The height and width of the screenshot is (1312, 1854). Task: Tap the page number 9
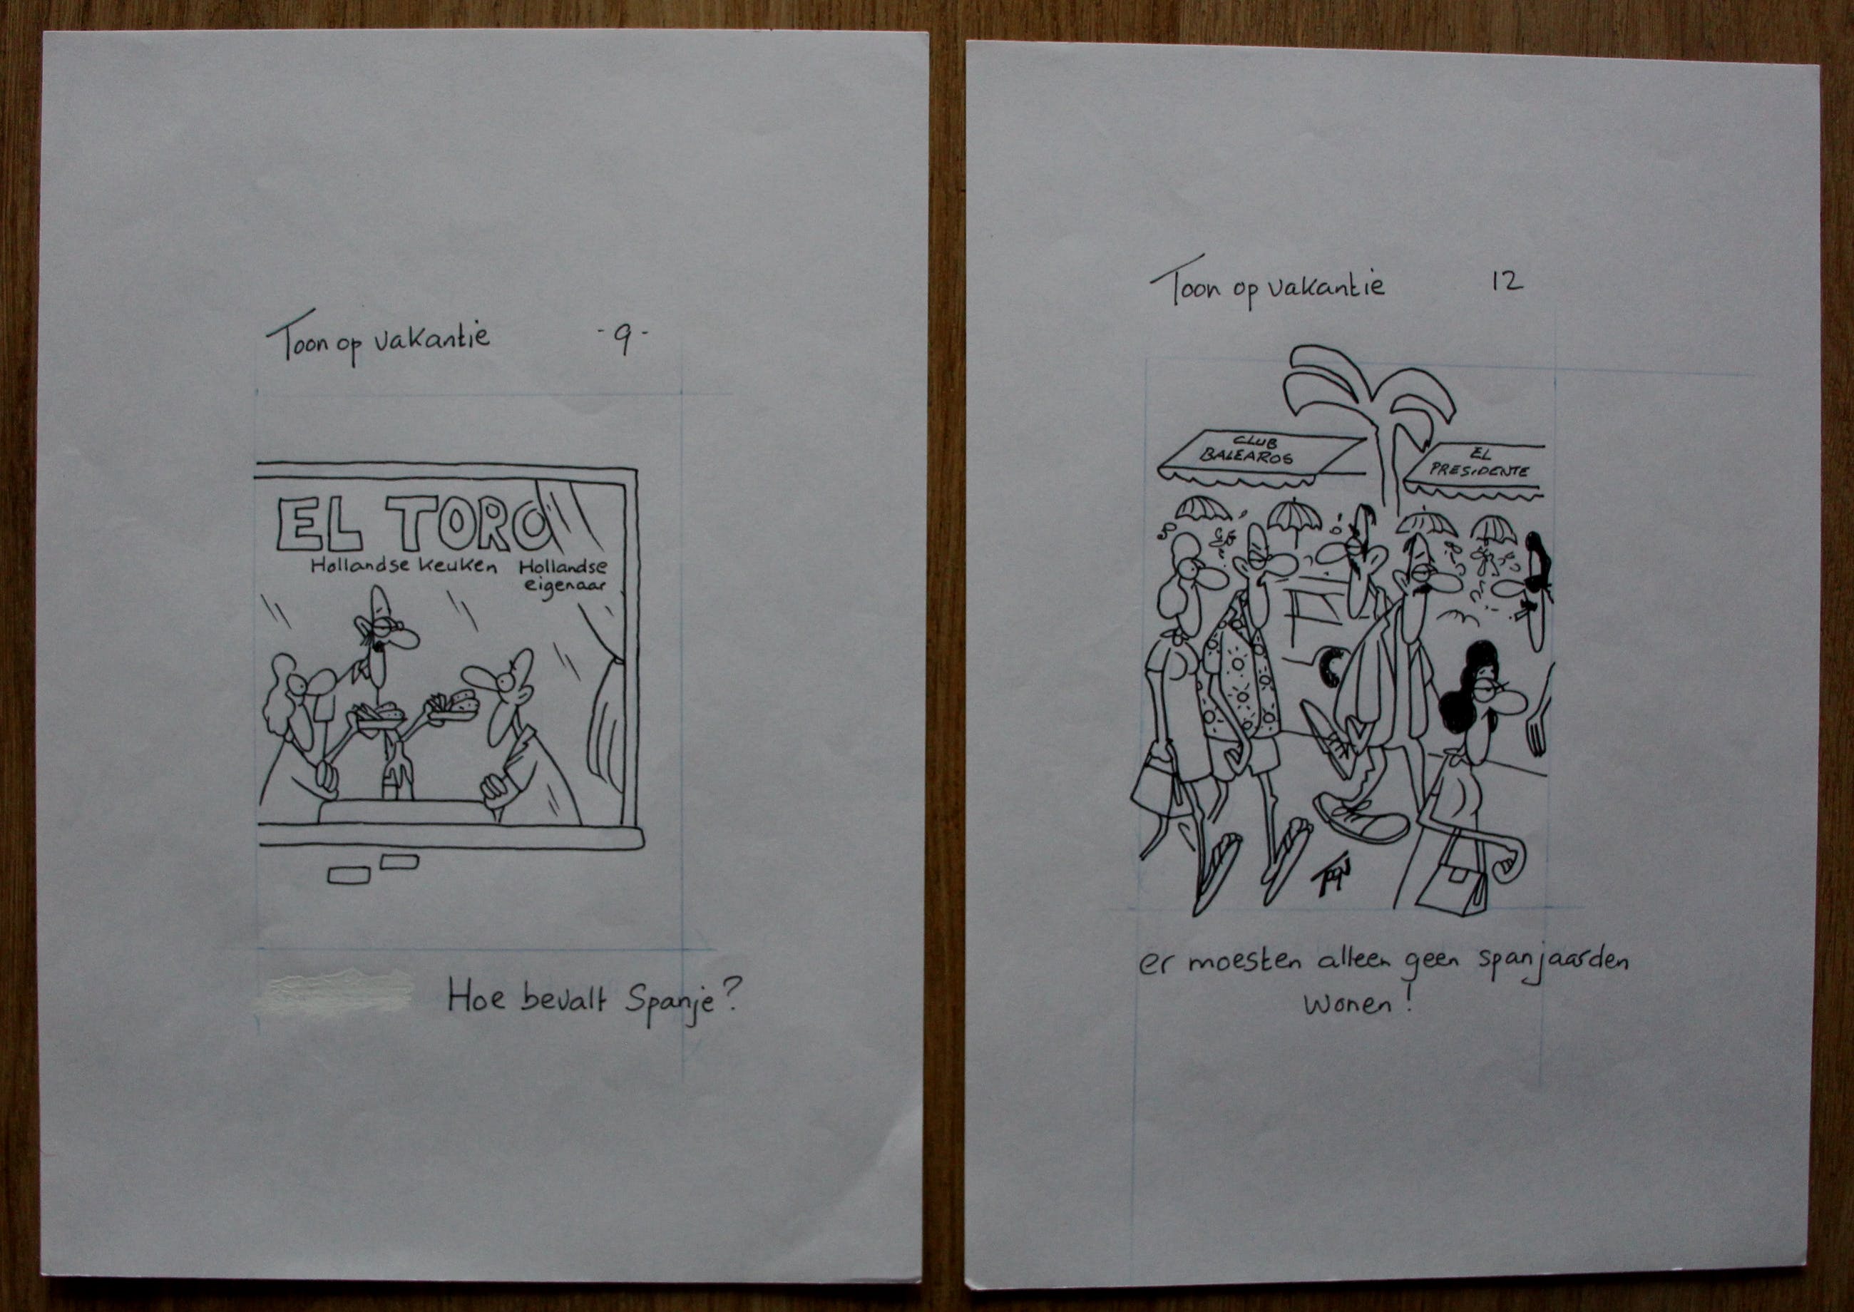[622, 342]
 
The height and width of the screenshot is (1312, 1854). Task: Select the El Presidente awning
[1475, 472]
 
